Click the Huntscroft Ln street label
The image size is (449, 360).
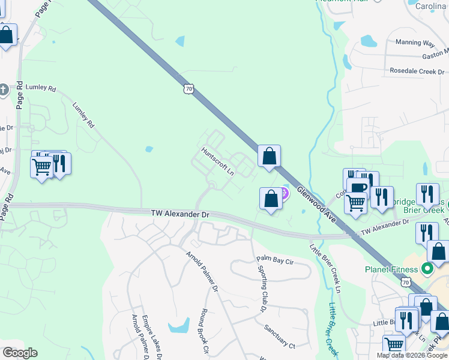(217, 161)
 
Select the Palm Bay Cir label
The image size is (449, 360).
(275, 260)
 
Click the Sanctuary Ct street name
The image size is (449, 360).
(280, 337)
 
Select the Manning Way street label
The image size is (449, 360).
(415, 43)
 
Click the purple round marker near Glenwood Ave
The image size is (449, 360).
(283, 193)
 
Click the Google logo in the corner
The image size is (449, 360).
(20, 353)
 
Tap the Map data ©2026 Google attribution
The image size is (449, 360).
(412, 355)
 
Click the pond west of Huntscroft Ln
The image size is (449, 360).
(149, 149)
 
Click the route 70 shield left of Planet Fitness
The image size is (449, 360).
(406, 281)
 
